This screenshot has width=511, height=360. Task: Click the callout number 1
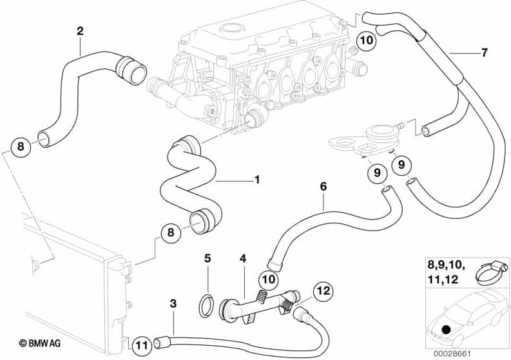[x=256, y=180]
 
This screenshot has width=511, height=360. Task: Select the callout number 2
[x=80, y=30]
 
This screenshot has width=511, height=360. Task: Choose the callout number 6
[x=323, y=186]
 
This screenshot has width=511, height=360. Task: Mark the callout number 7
[x=484, y=53]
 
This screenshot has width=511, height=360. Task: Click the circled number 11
[x=143, y=345]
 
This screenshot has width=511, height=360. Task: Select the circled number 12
[x=323, y=291]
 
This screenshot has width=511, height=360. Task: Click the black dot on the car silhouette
[x=447, y=330]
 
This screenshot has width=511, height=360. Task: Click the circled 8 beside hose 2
[x=20, y=147]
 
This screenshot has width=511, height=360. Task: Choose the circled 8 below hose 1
[x=171, y=234]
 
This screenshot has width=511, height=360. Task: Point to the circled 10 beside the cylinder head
[x=365, y=40]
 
